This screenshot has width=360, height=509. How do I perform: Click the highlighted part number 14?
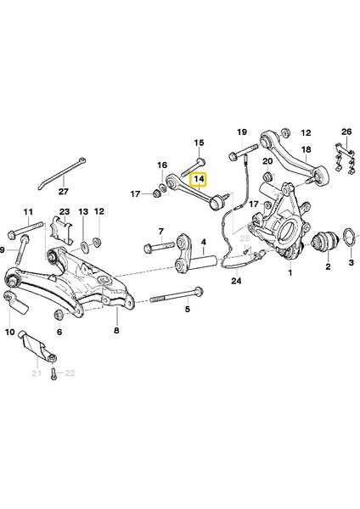(200, 180)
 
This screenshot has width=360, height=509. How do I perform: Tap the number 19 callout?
(241, 131)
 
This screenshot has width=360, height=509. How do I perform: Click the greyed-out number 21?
(36, 373)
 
